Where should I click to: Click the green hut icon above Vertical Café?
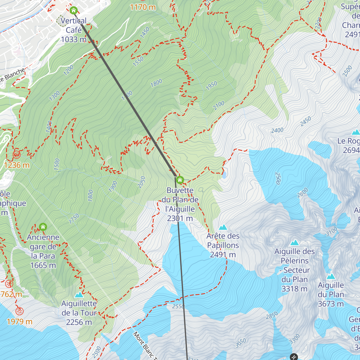point(73,11)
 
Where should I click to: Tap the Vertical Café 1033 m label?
point(73,30)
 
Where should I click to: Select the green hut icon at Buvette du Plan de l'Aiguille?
point(180,180)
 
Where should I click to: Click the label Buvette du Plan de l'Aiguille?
point(180,204)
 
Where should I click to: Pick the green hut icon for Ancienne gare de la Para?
point(43,227)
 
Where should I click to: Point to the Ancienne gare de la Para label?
point(43,251)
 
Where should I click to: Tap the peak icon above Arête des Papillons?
point(223,227)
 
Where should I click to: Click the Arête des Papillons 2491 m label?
point(223,245)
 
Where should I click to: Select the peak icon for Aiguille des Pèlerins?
point(295,243)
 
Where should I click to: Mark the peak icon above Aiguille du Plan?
point(331,276)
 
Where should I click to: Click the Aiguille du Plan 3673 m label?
point(331,295)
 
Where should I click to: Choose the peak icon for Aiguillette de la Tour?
point(79,295)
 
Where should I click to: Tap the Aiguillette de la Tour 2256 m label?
point(79,313)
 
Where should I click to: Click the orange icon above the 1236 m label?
point(16,154)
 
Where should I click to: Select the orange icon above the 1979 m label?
point(19,311)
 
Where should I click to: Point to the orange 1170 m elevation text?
point(143,7)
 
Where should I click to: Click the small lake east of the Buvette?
point(224,175)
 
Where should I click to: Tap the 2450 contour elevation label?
point(305,121)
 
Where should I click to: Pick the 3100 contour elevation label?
point(331,232)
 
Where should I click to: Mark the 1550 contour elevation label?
point(138,61)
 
